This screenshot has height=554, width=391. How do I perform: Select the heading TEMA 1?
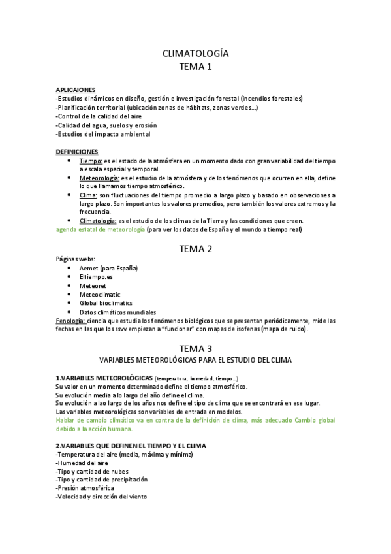[x=195, y=67]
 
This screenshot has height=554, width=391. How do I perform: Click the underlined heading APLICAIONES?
[x=76, y=90]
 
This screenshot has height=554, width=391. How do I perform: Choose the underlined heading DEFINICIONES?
[x=77, y=152]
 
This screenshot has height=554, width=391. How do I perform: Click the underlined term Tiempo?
[x=91, y=161]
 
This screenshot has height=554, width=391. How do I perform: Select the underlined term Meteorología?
[x=99, y=178]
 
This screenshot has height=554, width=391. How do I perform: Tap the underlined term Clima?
[x=88, y=195]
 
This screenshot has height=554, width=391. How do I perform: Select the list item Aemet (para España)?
[x=108, y=269]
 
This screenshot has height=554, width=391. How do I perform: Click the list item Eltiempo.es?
[x=96, y=277]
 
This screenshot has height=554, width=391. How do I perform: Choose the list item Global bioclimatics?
[x=106, y=303]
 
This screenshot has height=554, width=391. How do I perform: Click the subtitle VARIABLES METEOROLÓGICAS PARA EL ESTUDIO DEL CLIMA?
[x=195, y=360]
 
